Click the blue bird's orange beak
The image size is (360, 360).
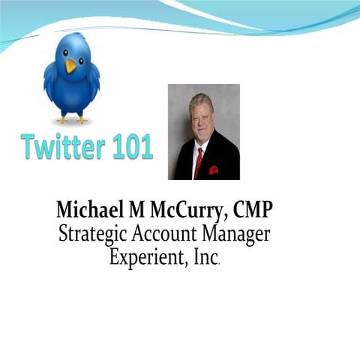(71, 65)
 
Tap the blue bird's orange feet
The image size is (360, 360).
(73, 118)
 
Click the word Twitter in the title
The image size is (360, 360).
(61, 147)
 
